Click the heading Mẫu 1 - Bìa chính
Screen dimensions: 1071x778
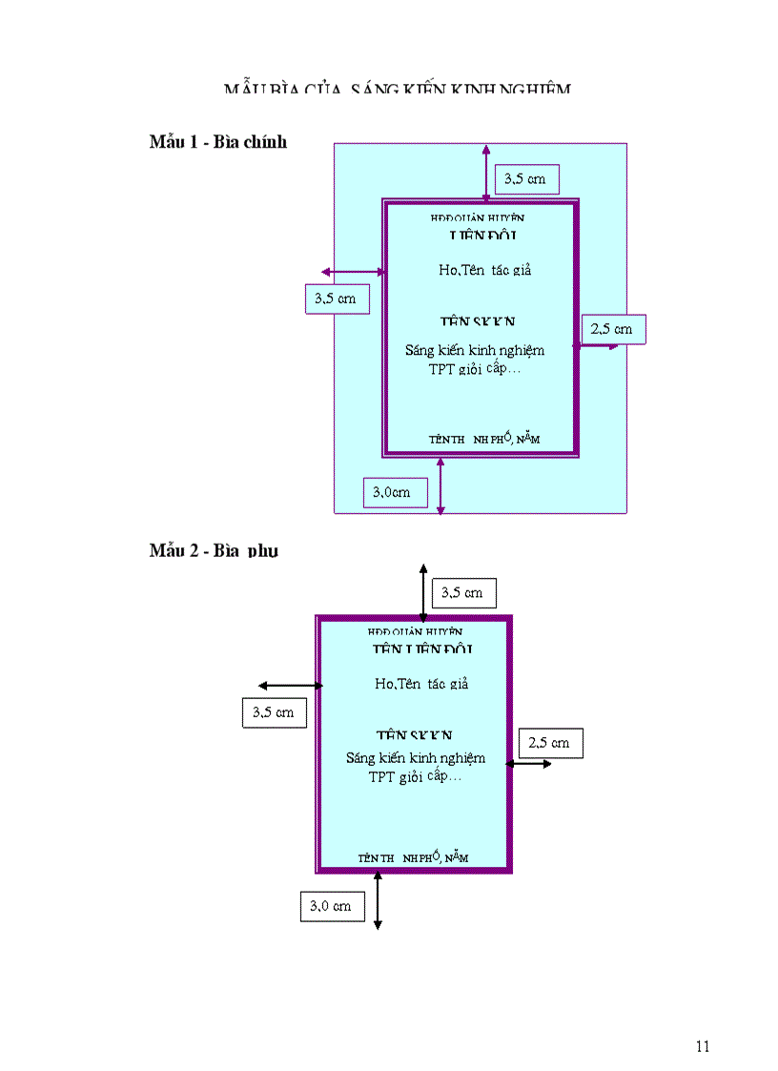click(x=218, y=142)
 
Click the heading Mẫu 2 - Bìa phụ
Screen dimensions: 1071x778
click(x=214, y=550)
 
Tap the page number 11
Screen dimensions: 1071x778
click(x=703, y=1046)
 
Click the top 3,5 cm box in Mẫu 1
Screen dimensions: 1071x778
click(x=526, y=178)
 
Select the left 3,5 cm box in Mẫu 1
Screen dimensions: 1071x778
click(x=337, y=299)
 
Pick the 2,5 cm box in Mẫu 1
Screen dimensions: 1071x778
click(x=613, y=329)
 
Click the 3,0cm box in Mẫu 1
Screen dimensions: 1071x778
click(x=394, y=492)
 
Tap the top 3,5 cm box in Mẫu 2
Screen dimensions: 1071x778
click(x=463, y=592)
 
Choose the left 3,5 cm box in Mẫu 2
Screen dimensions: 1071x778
click(x=274, y=712)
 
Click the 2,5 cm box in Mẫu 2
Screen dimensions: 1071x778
click(x=550, y=743)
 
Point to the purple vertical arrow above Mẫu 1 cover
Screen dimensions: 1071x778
click(x=486, y=173)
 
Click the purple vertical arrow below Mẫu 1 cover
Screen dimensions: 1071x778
click(x=440, y=486)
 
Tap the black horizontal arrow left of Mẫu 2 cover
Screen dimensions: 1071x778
click(x=291, y=685)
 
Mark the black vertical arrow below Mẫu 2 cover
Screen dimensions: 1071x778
click(x=378, y=900)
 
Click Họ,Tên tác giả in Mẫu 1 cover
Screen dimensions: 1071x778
click(x=484, y=270)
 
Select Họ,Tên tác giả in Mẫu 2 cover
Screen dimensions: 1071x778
click(x=421, y=684)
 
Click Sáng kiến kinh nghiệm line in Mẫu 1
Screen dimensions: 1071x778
click(x=474, y=350)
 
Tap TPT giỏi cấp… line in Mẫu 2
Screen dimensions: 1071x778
click(x=415, y=776)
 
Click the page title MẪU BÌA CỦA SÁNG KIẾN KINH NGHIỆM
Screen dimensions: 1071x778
click(x=398, y=89)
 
